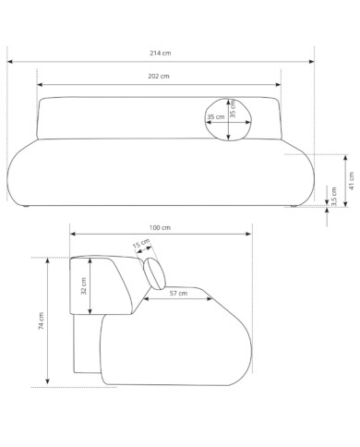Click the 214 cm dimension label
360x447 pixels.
click(x=161, y=53)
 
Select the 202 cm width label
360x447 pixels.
click(x=159, y=76)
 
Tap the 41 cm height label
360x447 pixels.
click(x=352, y=181)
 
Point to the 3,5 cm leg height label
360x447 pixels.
click(x=334, y=196)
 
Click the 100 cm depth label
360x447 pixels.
click(x=160, y=228)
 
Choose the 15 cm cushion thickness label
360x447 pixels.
click(x=141, y=243)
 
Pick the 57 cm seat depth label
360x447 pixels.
click(x=178, y=294)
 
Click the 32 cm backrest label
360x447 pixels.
click(x=84, y=286)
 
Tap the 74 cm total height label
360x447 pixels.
click(x=41, y=321)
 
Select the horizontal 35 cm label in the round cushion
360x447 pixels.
click(x=216, y=117)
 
